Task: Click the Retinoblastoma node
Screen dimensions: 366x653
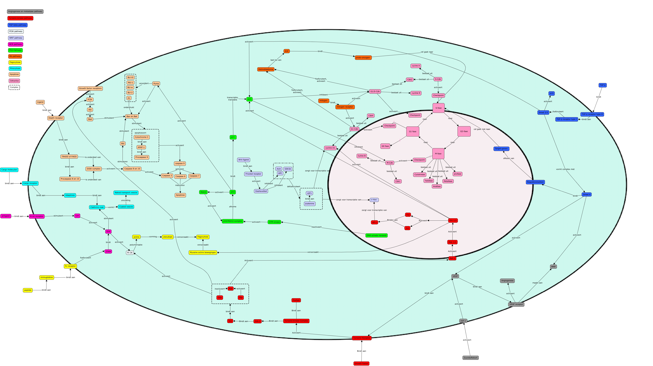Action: pos(266,69)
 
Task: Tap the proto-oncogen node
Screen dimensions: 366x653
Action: pos(363,58)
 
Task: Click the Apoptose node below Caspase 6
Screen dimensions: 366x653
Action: pos(180,195)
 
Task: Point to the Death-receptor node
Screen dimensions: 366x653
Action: pos(56,118)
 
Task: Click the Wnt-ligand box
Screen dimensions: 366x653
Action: pos(243,160)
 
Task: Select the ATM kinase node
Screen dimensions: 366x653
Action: pos(274,222)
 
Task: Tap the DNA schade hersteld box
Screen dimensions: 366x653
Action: pos(376,235)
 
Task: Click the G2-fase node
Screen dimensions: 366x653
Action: pos(464,131)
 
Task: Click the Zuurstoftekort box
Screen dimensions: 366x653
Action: pos(470,358)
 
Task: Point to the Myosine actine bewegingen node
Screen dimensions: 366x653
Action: pos(203,252)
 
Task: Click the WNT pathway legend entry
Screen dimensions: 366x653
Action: pos(16,38)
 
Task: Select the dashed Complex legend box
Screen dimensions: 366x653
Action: pos(14,87)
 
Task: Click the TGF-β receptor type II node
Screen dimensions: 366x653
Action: pos(592,114)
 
